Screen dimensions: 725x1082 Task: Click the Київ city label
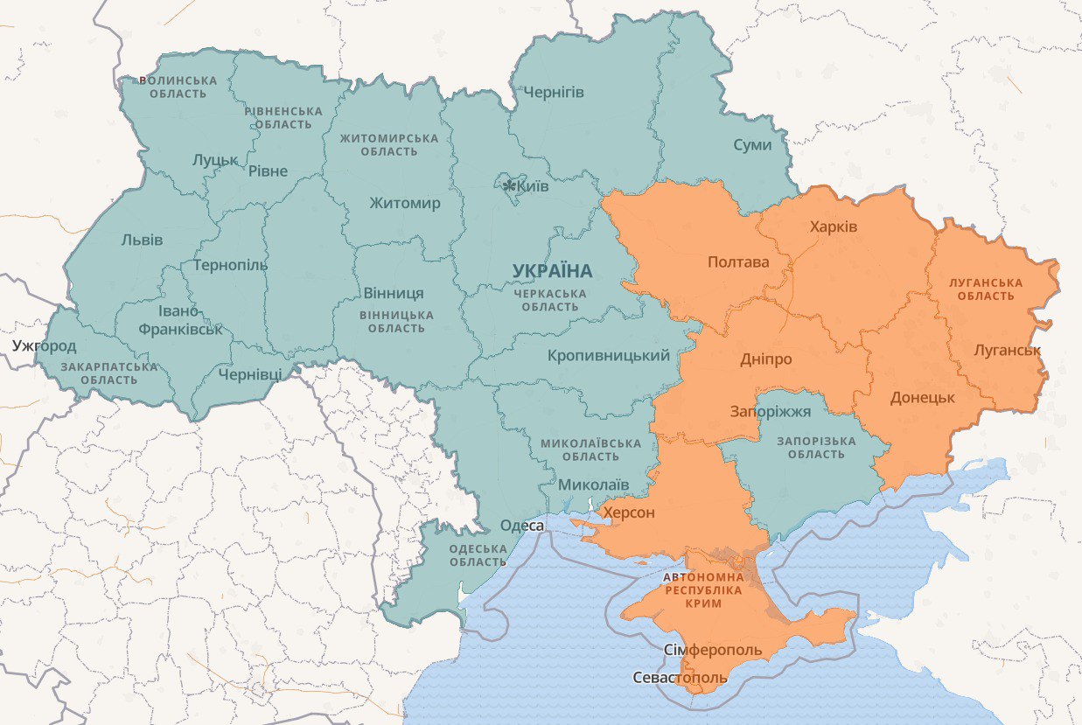[534, 187]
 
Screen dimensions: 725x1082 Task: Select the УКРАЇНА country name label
[552, 271]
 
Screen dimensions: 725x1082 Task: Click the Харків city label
[834, 227]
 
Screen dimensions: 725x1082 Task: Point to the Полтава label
[738, 262]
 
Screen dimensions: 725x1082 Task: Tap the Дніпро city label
[765, 359]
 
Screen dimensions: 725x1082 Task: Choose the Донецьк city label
[922, 398]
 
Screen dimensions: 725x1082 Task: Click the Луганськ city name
[1007, 350]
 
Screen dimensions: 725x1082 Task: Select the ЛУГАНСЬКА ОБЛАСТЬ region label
[986, 289]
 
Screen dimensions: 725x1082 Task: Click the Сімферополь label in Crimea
[713, 651]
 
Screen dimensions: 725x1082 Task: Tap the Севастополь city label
[680, 678]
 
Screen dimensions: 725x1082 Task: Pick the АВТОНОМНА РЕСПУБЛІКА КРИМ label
[704, 590]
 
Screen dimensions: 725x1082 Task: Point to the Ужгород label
[45, 345]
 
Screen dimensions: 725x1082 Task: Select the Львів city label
[142, 240]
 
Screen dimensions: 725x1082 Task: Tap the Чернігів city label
[553, 93]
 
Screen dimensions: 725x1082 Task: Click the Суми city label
[752, 144]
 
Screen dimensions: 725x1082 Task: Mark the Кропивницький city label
[609, 356]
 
